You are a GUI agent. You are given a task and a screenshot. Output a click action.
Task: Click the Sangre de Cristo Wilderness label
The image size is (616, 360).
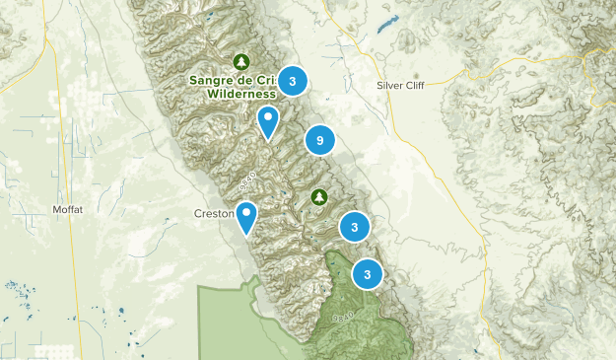pyautogui.click(x=233, y=87)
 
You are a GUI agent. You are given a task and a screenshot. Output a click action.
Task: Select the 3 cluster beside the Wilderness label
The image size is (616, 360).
pyautogui.click(x=292, y=81)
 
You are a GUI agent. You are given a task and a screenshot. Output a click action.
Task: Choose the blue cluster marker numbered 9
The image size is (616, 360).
pyautogui.click(x=319, y=141)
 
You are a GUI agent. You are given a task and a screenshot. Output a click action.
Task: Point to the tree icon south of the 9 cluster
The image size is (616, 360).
pyautogui.click(x=319, y=197)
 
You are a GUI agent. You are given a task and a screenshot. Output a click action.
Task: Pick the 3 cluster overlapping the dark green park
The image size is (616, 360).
pyautogui.click(x=368, y=274)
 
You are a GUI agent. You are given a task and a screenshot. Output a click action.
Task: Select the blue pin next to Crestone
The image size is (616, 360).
pyautogui.click(x=245, y=216)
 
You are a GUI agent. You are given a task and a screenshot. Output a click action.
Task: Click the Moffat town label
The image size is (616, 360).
pyautogui.click(x=67, y=210)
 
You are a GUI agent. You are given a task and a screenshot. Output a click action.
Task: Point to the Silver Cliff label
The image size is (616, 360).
pyautogui.click(x=404, y=85)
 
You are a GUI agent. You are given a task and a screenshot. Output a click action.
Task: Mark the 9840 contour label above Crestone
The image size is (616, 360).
pyautogui.click(x=247, y=181)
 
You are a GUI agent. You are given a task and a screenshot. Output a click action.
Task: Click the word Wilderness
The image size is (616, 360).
pyautogui.click(x=241, y=94)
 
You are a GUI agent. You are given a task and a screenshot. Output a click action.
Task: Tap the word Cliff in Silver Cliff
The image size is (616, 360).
pyautogui.click(x=419, y=85)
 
